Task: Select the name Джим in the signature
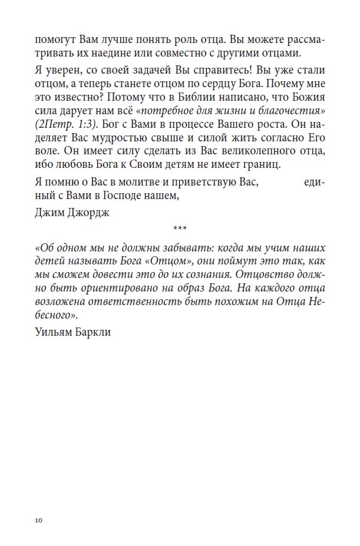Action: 48,213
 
